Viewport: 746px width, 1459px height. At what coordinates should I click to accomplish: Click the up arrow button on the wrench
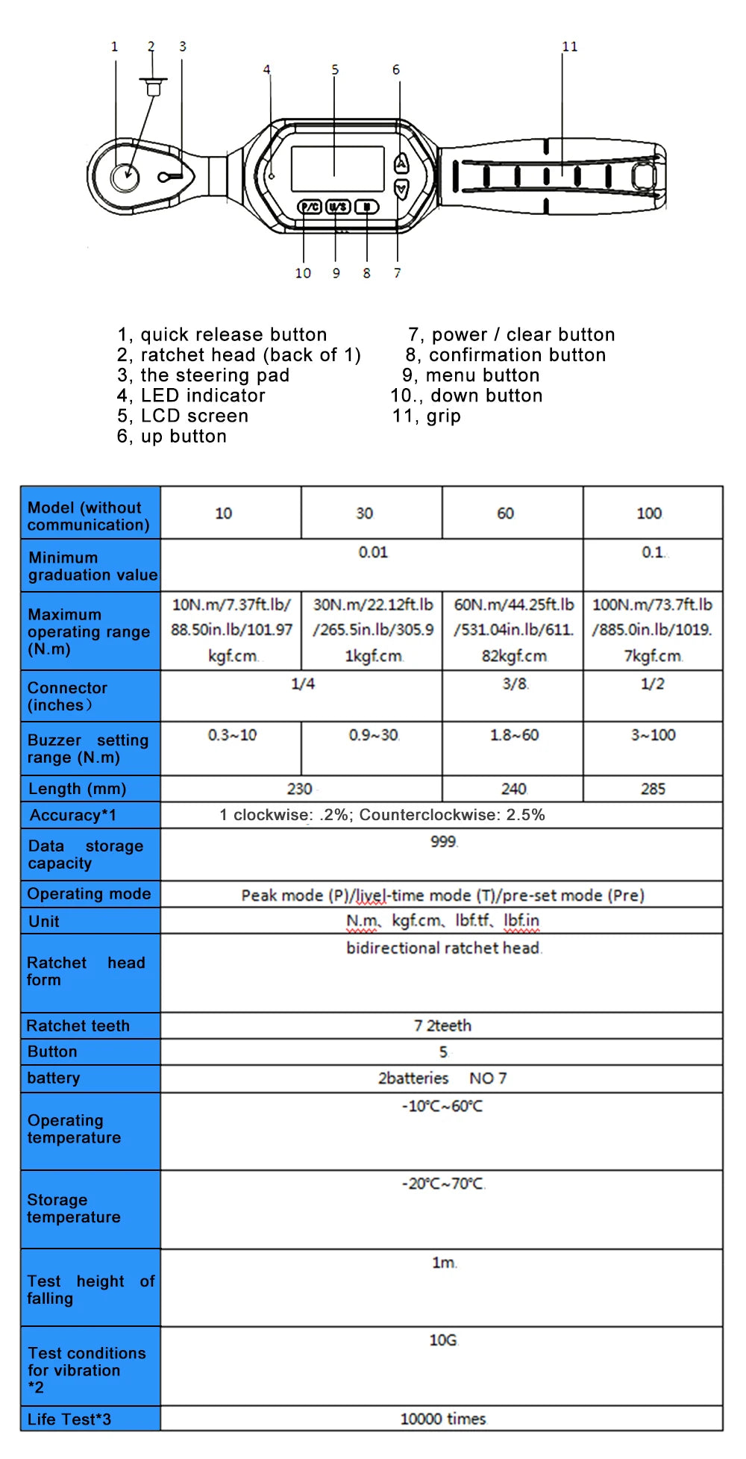401,163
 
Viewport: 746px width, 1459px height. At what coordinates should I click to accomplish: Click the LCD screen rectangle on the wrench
337,169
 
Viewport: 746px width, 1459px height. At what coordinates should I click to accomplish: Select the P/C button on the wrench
310,207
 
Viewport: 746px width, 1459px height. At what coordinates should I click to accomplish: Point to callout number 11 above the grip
570,47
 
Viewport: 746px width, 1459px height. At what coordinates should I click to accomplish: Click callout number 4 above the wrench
266,70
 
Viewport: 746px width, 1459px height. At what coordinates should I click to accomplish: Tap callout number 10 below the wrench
303,273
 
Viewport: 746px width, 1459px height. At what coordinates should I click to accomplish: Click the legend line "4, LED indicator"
191,396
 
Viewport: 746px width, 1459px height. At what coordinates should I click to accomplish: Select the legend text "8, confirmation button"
505,355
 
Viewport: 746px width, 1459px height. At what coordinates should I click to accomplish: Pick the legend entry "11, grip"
426,416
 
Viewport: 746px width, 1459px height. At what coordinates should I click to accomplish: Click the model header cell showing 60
505,513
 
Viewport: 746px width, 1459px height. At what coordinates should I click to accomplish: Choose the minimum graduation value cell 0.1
653,552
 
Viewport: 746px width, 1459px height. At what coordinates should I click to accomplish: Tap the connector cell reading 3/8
514,684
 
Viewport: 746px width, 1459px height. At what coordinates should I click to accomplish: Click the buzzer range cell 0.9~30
373,735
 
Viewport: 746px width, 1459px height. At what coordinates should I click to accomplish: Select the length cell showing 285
653,789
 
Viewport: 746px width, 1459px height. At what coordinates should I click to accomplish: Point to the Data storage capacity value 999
443,842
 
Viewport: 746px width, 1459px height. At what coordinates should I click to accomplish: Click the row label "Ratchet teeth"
78,1026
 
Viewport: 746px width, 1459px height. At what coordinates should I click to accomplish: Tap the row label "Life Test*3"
69,1419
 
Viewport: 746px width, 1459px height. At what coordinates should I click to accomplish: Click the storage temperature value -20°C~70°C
443,1184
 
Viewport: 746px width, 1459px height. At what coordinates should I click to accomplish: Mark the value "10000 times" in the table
443,1419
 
